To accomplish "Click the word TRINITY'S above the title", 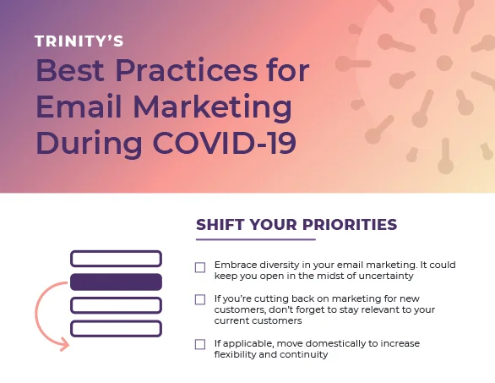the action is tap(79, 41).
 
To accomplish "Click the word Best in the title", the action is tap(70, 70).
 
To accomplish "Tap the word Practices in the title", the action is tap(186, 70).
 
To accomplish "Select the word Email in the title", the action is tap(79, 107).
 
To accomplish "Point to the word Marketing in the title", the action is tap(212, 107).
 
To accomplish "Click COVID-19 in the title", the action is tap(225, 143).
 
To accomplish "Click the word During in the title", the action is tap(89, 144).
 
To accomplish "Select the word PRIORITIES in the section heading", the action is tap(350, 225).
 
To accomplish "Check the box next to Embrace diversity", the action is tap(200, 267).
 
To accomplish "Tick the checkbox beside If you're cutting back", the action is tap(200, 299).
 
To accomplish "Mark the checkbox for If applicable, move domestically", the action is tap(200, 344).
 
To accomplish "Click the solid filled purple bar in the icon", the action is tap(116, 282).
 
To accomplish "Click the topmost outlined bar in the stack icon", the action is tap(116, 259).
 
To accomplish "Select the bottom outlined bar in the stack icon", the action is tap(116, 329).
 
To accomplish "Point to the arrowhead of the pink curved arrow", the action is tap(65, 344).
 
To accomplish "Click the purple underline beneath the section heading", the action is tap(256, 239).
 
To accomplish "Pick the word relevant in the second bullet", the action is tap(380, 309).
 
